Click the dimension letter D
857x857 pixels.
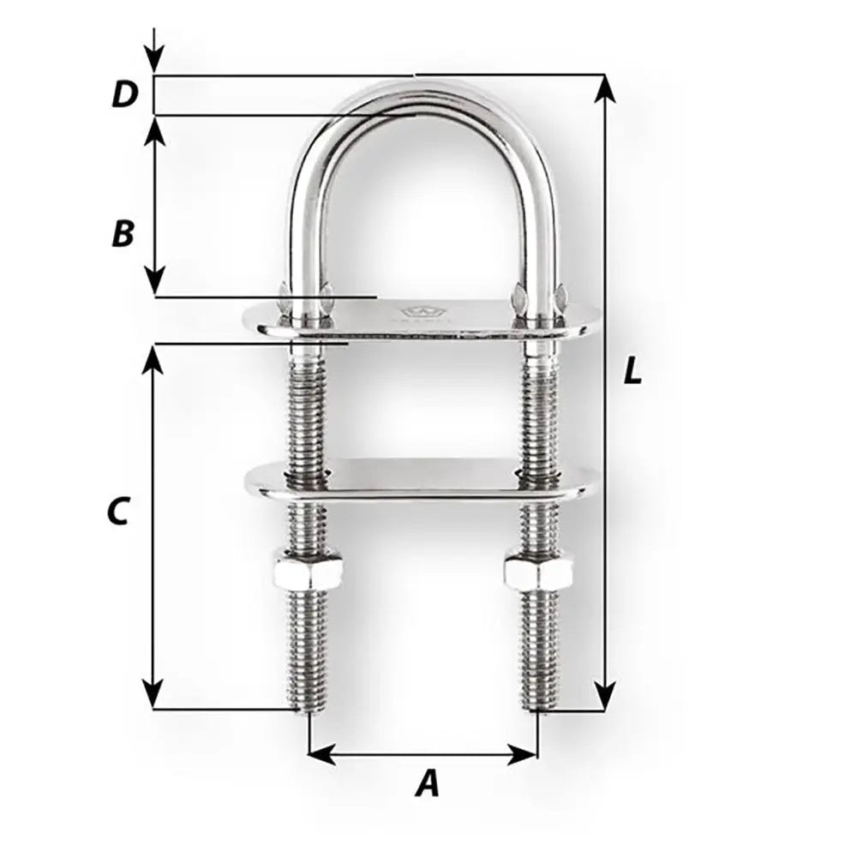click(125, 95)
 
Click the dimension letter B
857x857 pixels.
click(123, 234)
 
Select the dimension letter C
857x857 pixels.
click(117, 512)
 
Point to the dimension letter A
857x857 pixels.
click(427, 783)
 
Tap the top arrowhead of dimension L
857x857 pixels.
click(605, 85)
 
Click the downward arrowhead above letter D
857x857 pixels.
click(153, 63)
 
